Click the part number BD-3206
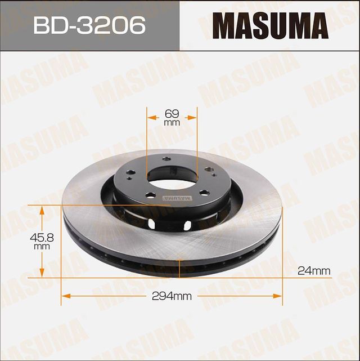tap(89, 25)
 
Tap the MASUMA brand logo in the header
tap(270, 25)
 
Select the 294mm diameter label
tap(171, 295)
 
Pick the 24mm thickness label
tap(313, 271)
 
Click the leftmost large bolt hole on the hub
tap(130, 173)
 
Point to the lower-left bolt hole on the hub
tap(150, 195)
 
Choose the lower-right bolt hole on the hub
tap(204, 193)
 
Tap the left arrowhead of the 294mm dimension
tap(64, 295)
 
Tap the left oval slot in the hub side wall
tap(150, 225)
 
